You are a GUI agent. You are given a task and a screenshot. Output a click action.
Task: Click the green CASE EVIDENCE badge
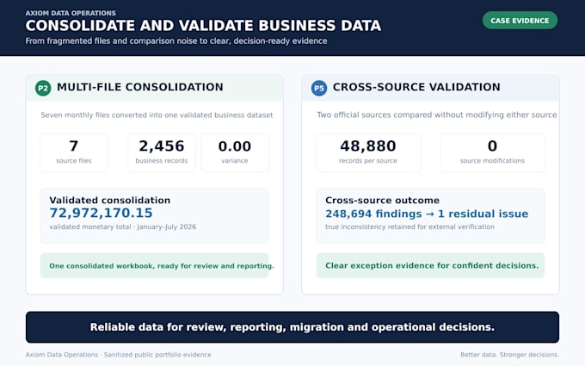pyautogui.click(x=520, y=21)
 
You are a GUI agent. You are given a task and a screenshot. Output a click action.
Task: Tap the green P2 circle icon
pyautogui.click(x=43, y=88)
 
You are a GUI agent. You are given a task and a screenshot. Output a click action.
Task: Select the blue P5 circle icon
pyautogui.click(x=319, y=88)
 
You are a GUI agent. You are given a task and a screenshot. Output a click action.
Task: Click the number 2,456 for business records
pyautogui.click(x=162, y=146)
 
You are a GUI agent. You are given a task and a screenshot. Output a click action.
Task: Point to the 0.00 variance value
pyautogui.click(x=235, y=146)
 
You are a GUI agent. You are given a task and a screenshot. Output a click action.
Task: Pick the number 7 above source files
pyautogui.click(x=74, y=146)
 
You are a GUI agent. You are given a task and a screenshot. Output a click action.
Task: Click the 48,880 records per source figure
pyautogui.click(x=368, y=146)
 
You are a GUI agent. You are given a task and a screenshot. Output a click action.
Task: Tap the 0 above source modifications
pyautogui.click(x=492, y=146)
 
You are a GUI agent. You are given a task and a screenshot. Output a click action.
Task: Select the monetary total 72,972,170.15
pyautogui.click(x=102, y=213)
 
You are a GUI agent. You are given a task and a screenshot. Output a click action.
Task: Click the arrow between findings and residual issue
pyautogui.click(x=429, y=214)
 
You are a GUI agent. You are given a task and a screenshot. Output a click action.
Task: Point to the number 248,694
pyautogui.click(x=348, y=214)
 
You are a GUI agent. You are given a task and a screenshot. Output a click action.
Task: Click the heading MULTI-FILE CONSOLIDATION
pyautogui.click(x=140, y=87)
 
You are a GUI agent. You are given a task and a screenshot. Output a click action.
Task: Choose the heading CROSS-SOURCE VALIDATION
pyautogui.click(x=416, y=87)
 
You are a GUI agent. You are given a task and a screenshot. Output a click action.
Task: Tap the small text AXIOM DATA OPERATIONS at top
pyautogui.click(x=71, y=13)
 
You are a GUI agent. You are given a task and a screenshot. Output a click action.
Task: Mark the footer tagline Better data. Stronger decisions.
pyautogui.click(x=509, y=355)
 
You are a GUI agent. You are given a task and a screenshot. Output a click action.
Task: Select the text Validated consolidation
pyautogui.click(x=110, y=200)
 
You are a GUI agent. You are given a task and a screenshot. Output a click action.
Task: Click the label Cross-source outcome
pyautogui.click(x=382, y=200)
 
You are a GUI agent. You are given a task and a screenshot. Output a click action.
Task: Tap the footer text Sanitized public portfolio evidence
pyautogui.click(x=157, y=355)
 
